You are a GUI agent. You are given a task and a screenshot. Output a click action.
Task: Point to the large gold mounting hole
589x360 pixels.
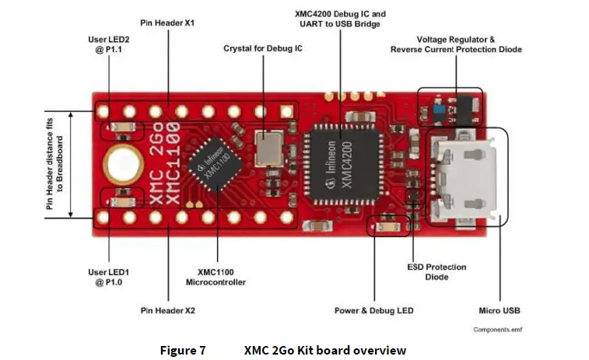pos(124,163)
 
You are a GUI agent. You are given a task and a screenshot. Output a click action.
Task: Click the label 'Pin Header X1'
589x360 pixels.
pos(167,23)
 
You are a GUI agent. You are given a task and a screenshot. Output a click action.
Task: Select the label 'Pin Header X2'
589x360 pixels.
pos(167,310)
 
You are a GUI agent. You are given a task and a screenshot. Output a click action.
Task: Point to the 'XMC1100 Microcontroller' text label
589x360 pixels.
pos(216,277)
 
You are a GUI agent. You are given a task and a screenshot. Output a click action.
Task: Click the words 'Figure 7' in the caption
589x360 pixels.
pos(182,350)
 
